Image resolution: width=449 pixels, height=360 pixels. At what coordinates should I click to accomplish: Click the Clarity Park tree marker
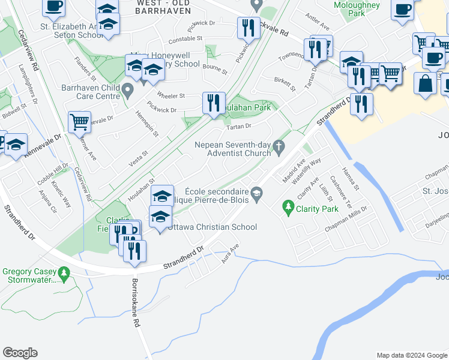point(288,208)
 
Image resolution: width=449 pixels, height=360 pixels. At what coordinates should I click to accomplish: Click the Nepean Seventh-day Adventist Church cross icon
point(278,146)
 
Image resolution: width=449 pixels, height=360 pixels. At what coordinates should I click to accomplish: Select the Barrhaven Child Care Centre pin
point(127,91)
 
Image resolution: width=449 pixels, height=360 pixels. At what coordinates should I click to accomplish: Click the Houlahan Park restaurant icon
point(214,103)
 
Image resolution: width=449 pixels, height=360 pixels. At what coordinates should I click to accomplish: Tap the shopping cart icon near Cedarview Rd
point(79,122)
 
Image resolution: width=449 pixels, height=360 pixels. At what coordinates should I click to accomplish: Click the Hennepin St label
point(146,124)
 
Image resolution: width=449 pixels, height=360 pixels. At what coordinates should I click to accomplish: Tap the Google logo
point(20,353)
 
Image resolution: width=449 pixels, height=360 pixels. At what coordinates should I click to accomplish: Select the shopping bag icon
point(426,85)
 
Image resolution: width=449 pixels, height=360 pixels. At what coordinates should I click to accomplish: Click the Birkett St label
point(286,84)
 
